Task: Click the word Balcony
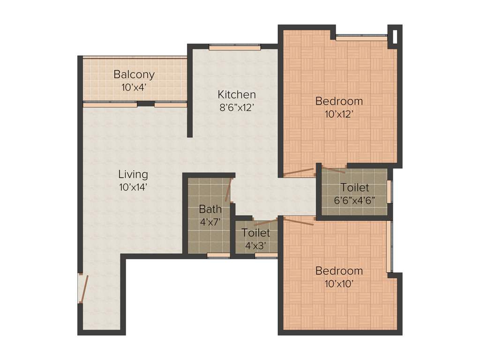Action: tap(134, 75)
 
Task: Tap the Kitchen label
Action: tap(236, 95)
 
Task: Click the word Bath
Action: tap(210, 209)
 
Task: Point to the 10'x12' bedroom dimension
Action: tap(339, 113)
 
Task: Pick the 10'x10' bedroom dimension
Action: tap(339, 283)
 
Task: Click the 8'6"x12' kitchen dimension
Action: tap(236, 107)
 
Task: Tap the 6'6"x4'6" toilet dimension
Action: tap(355, 200)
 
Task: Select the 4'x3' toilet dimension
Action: tap(256, 245)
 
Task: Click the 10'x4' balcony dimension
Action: tap(134, 87)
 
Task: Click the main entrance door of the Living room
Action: tap(83, 288)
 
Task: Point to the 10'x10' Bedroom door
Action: tap(299, 221)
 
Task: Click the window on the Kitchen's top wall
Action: tap(234, 47)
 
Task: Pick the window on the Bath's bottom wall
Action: tap(218, 255)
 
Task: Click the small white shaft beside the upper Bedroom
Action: tap(396, 36)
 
